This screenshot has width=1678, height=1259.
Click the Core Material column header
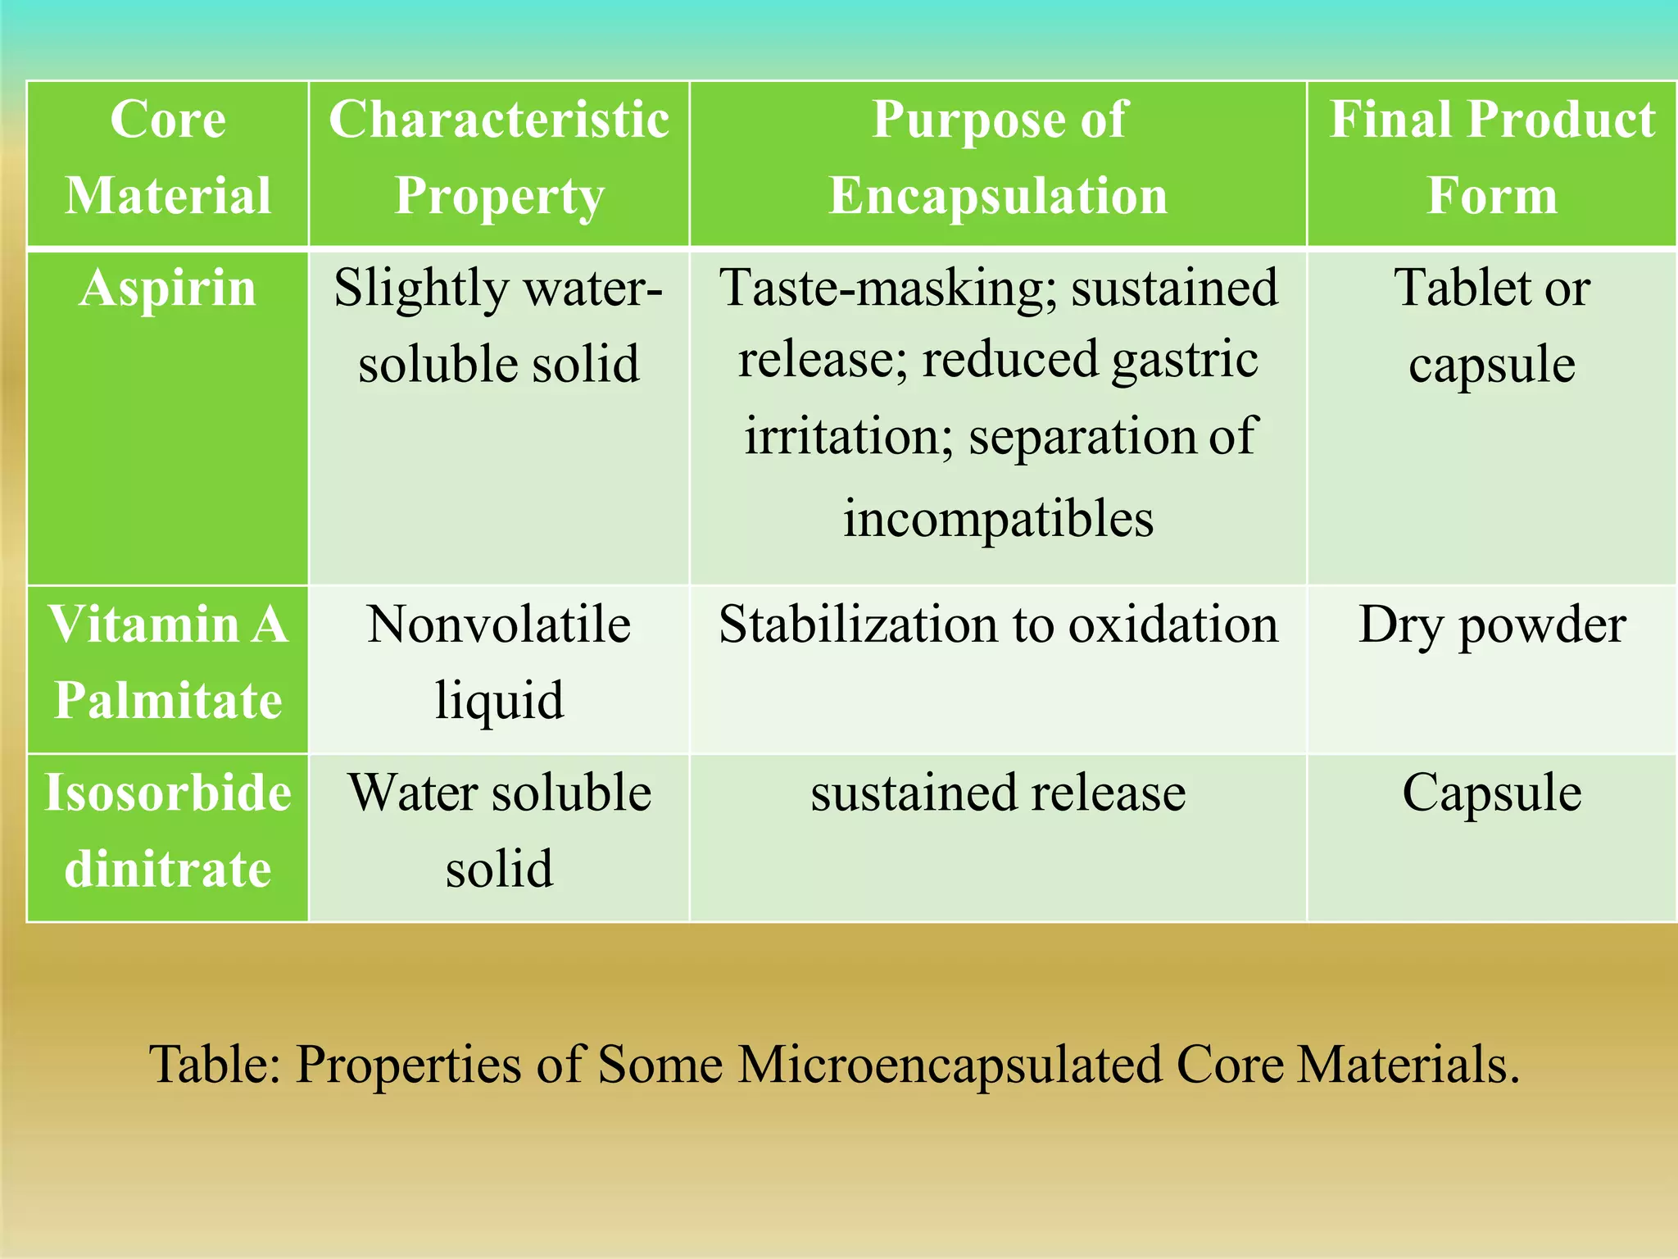tap(168, 157)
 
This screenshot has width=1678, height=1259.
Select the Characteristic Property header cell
tap(499, 157)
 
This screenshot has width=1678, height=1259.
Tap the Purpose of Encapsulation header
tap(998, 157)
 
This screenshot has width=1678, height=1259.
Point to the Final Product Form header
tap(1491, 157)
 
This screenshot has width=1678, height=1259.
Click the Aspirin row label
tap(168, 289)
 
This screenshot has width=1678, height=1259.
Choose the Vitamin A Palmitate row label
tap(168, 662)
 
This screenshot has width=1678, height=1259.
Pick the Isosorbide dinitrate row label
tap(168, 830)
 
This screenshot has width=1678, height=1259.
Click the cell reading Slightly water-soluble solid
tap(499, 326)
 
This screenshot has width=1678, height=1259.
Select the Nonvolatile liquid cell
tap(499, 662)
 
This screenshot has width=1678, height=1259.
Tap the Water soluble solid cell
tap(499, 830)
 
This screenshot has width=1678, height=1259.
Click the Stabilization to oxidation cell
tap(998, 625)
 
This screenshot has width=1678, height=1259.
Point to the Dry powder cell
tap(1491, 625)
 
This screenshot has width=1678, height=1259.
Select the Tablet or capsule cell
tap(1491, 326)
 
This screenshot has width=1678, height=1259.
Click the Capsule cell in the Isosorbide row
tap(1491, 793)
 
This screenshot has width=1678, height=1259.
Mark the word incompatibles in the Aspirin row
tap(998, 519)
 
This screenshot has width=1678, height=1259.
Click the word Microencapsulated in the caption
tap(950, 1065)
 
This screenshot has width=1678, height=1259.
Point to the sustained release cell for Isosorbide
tap(998, 793)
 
